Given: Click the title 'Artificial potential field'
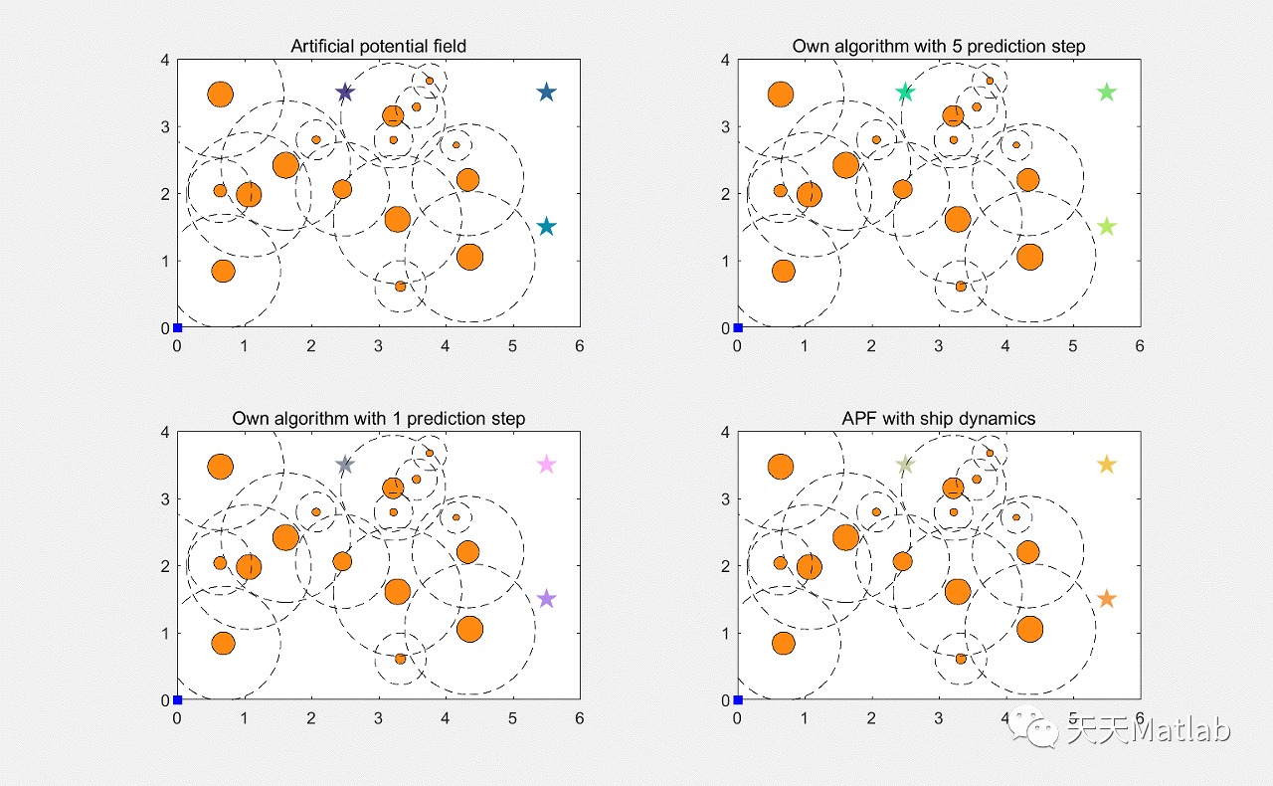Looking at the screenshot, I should pyautogui.click(x=378, y=46).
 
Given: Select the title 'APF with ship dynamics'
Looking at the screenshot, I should pyautogui.click(x=938, y=418).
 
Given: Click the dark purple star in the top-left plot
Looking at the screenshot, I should pyautogui.click(x=345, y=93).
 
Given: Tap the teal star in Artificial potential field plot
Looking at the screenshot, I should pyautogui.click(x=546, y=227).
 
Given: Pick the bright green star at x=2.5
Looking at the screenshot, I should pyautogui.click(x=905, y=93).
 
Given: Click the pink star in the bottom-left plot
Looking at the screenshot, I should pyautogui.click(x=546, y=465).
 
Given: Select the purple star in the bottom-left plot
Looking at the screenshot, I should pyautogui.click(x=546, y=599).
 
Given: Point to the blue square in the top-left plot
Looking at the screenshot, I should pyautogui.click(x=177, y=327).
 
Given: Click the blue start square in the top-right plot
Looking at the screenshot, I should pyautogui.click(x=738, y=327).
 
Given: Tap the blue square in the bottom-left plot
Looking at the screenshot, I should pyautogui.click(x=177, y=699).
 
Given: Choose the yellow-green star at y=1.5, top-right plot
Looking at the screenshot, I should pyautogui.click(x=1107, y=227).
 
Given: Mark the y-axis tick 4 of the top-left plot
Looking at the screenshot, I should pyautogui.click(x=166, y=60).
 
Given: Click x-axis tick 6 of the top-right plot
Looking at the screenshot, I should pyautogui.click(x=1140, y=345).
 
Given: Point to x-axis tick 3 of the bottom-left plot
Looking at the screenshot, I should pyautogui.click(x=378, y=717).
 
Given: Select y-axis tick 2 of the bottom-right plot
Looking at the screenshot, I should pyautogui.click(x=726, y=566).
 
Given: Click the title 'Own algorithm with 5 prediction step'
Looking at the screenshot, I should pyautogui.click(x=938, y=46).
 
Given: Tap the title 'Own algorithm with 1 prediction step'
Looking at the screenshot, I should pyautogui.click(x=378, y=418).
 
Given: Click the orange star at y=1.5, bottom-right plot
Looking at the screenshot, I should pyautogui.click(x=1107, y=599).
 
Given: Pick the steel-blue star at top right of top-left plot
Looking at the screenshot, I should pyautogui.click(x=546, y=93).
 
